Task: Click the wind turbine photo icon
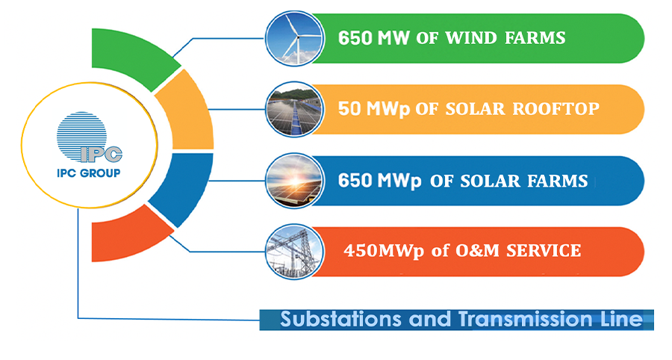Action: pyautogui.click(x=294, y=38)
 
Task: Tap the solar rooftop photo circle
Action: pyautogui.click(x=294, y=109)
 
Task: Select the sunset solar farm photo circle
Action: pyautogui.click(x=294, y=181)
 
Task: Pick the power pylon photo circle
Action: pyautogui.click(x=294, y=252)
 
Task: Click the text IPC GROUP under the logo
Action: pyautogui.click(x=89, y=173)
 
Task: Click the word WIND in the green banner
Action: pyautogui.click(x=470, y=38)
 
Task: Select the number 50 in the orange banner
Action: pyautogui.click(x=349, y=109)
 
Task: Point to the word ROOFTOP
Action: pyautogui.click(x=556, y=109)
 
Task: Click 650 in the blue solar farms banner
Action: pyautogui.click(x=355, y=181)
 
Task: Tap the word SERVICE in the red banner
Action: pyautogui.click(x=544, y=251)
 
